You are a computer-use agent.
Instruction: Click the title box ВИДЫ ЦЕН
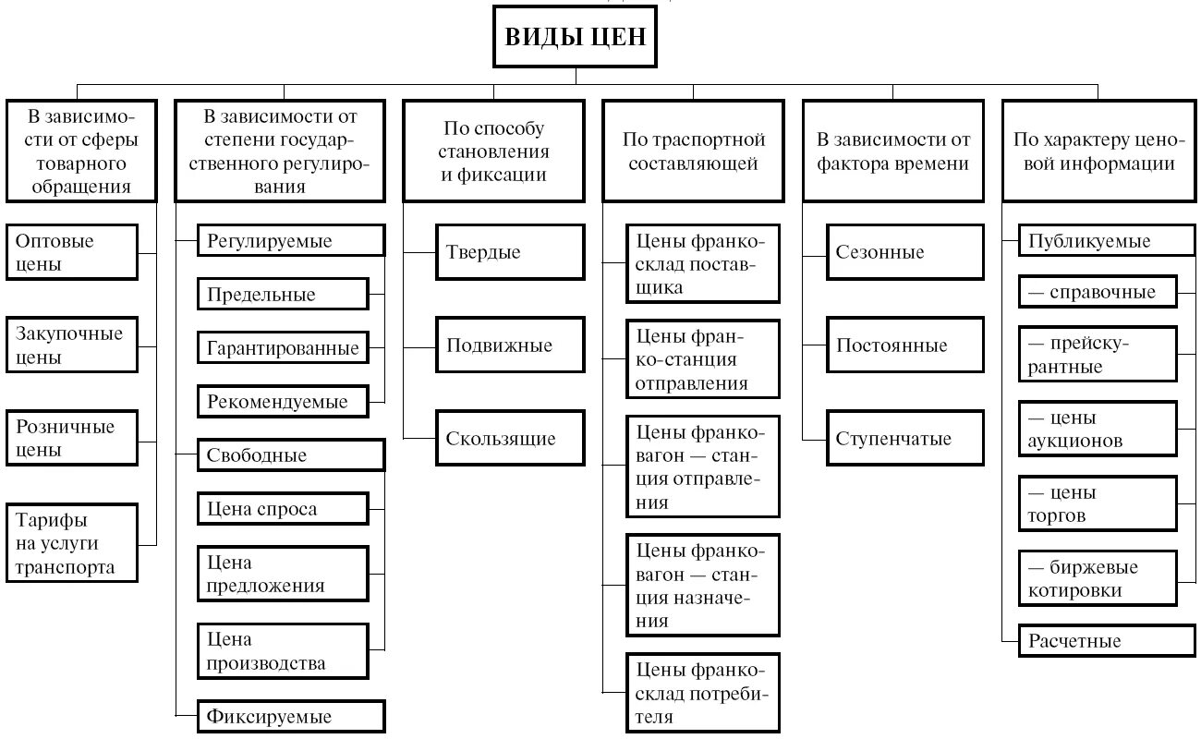[576, 37]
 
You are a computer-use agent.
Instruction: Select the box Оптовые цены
[71, 252]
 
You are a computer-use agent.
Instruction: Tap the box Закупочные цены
[71, 345]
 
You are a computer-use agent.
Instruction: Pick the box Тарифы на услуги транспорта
[71, 543]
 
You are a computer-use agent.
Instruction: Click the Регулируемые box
[291, 242]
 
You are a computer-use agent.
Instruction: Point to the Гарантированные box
[282, 348]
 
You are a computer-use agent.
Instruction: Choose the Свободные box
[291, 455]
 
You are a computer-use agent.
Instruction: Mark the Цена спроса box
[282, 509]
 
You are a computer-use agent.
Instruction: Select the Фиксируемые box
[291, 716]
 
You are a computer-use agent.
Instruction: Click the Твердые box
[510, 252]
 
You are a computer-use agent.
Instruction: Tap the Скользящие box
[510, 438]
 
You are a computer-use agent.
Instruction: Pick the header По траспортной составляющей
[693, 151]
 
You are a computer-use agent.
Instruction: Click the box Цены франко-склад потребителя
[702, 692]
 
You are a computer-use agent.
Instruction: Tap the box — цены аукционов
[1098, 429]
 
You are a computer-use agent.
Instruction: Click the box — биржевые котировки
[1098, 578]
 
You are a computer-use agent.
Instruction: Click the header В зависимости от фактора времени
[893, 151]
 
